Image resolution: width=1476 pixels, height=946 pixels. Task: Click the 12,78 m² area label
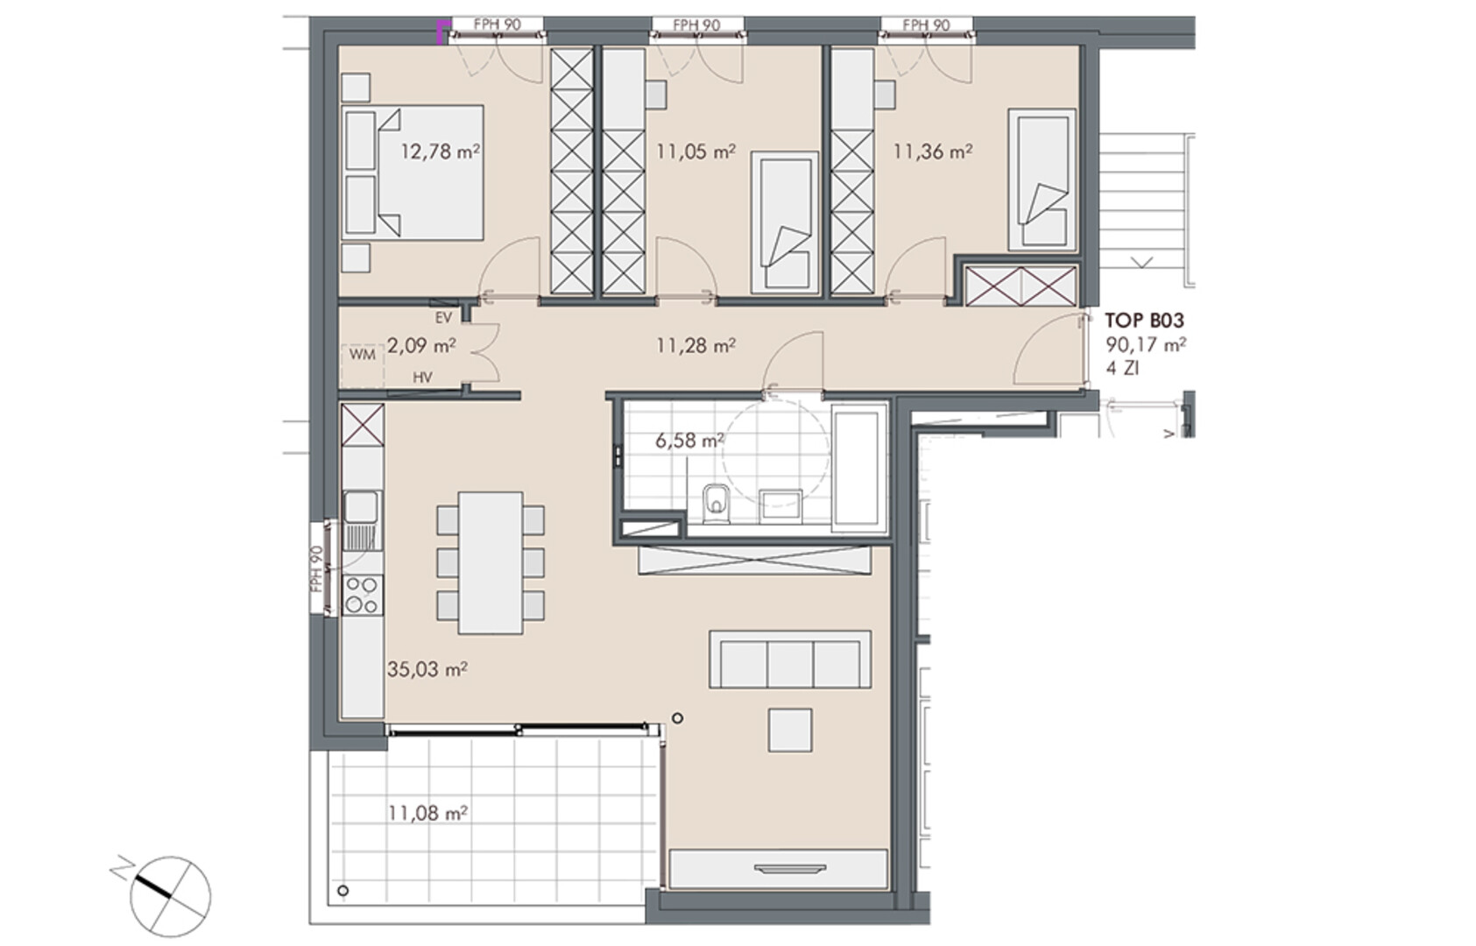pyautogui.click(x=440, y=152)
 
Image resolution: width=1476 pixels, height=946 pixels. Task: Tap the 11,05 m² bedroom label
pyautogui.click(x=696, y=152)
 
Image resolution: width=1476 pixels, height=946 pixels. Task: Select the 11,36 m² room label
pyautogui.click(x=932, y=152)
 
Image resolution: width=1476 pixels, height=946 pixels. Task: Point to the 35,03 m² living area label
pyautogui.click(x=427, y=670)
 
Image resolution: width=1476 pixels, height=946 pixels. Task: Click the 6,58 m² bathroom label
pyautogui.click(x=690, y=440)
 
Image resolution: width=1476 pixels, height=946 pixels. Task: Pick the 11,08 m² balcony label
pyautogui.click(x=427, y=814)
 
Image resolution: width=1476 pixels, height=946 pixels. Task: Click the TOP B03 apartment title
pyautogui.click(x=1145, y=321)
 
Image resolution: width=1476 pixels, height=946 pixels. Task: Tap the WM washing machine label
pyautogui.click(x=363, y=355)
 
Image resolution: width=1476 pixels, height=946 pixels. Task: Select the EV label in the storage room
pyautogui.click(x=443, y=318)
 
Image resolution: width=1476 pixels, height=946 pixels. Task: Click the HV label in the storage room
pyautogui.click(x=422, y=378)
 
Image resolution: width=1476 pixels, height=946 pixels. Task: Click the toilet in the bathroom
pyautogui.click(x=716, y=505)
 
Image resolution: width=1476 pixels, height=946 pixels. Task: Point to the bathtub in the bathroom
pyautogui.click(x=859, y=469)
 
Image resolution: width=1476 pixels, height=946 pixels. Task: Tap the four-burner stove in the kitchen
pyautogui.click(x=363, y=595)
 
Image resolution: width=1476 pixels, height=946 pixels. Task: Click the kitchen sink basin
pyautogui.click(x=361, y=506)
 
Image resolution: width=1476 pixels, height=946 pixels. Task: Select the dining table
pyautogui.click(x=491, y=562)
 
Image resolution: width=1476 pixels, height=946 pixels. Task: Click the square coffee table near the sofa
pyautogui.click(x=789, y=730)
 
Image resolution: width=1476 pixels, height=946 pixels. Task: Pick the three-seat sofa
pyautogui.click(x=790, y=660)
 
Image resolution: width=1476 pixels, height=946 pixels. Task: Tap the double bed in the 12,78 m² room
pyautogui.click(x=413, y=172)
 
